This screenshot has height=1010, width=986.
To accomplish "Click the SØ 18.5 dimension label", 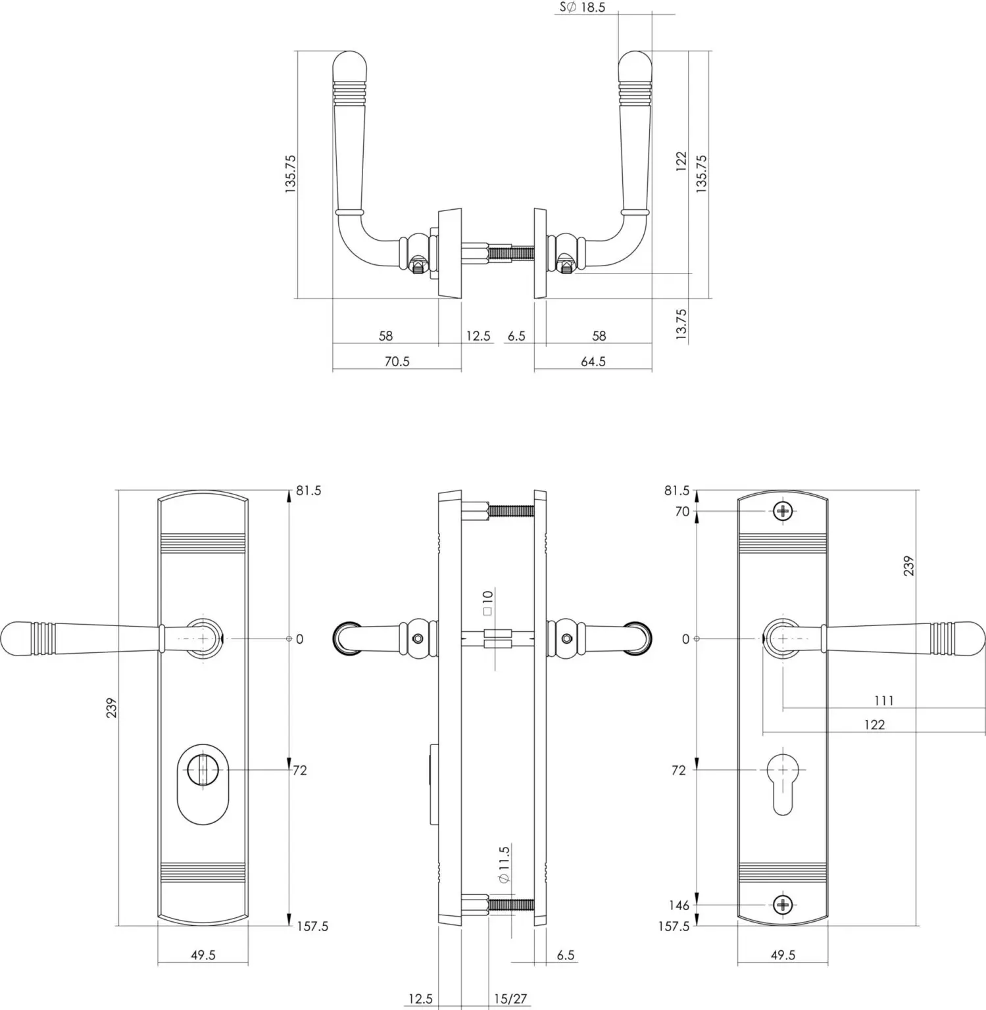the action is tap(582, 7).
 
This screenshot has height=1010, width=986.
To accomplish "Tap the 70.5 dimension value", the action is tap(397, 361).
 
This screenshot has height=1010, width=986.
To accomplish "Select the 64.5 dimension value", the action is tap(593, 361).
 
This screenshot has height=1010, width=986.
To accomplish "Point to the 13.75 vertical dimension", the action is tap(681, 324).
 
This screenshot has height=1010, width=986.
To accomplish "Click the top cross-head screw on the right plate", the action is tap(783, 511).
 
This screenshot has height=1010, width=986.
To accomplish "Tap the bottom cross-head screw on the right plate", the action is tap(783, 905).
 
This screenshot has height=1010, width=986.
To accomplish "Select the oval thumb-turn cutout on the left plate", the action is tap(203, 783).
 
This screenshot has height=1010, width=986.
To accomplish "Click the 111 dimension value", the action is tap(883, 700).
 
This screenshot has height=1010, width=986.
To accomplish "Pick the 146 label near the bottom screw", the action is tap(679, 905).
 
